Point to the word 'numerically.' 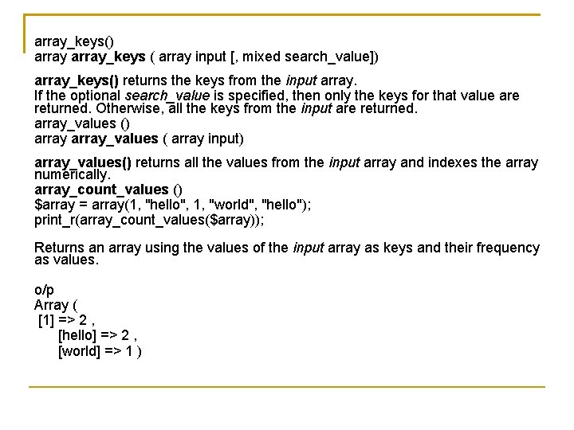point(73,174)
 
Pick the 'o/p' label point(45,291)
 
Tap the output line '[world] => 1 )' point(100,350)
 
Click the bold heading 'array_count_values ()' point(108,189)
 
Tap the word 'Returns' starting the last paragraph point(61,248)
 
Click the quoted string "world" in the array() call point(232,204)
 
